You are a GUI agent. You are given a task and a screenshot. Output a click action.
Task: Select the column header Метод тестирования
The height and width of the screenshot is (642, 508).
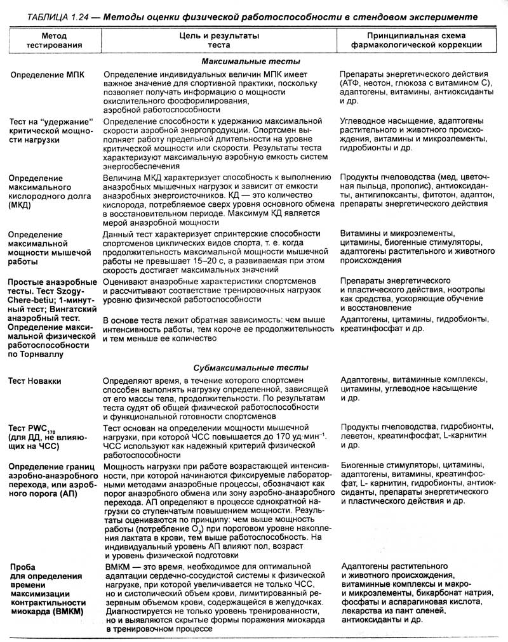point(53,41)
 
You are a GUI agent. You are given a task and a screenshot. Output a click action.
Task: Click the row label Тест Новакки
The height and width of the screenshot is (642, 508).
point(35,381)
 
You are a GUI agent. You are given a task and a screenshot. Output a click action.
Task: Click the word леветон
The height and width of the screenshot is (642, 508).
point(359,437)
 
